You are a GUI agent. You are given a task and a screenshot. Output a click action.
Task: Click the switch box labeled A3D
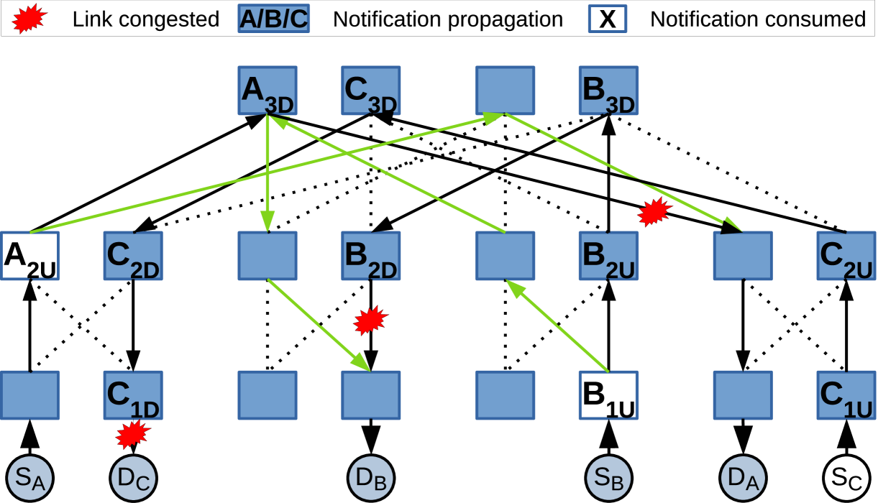point(267,91)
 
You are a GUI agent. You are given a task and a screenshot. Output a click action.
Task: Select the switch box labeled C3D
point(370,91)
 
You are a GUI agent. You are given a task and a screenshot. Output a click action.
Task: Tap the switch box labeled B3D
point(608,91)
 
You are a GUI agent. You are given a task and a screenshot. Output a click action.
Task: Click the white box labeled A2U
point(30,256)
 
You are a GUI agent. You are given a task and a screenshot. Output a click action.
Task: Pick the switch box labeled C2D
point(133,256)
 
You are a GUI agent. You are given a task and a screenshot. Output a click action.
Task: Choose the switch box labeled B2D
point(370,256)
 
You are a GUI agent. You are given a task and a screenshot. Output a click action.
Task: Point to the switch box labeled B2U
point(608,256)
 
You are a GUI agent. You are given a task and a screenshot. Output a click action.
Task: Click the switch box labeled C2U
point(846,256)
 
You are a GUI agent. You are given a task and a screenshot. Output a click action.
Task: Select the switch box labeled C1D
point(133,395)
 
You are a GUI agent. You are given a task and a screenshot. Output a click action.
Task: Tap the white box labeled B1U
point(608,395)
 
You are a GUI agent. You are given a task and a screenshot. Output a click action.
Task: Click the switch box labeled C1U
point(846,395)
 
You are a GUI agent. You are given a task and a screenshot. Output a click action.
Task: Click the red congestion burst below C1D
point(133,434)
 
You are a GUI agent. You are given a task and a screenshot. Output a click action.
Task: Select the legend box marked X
point(607,19)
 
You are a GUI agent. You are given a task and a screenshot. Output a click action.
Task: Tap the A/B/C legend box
point(273,19)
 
